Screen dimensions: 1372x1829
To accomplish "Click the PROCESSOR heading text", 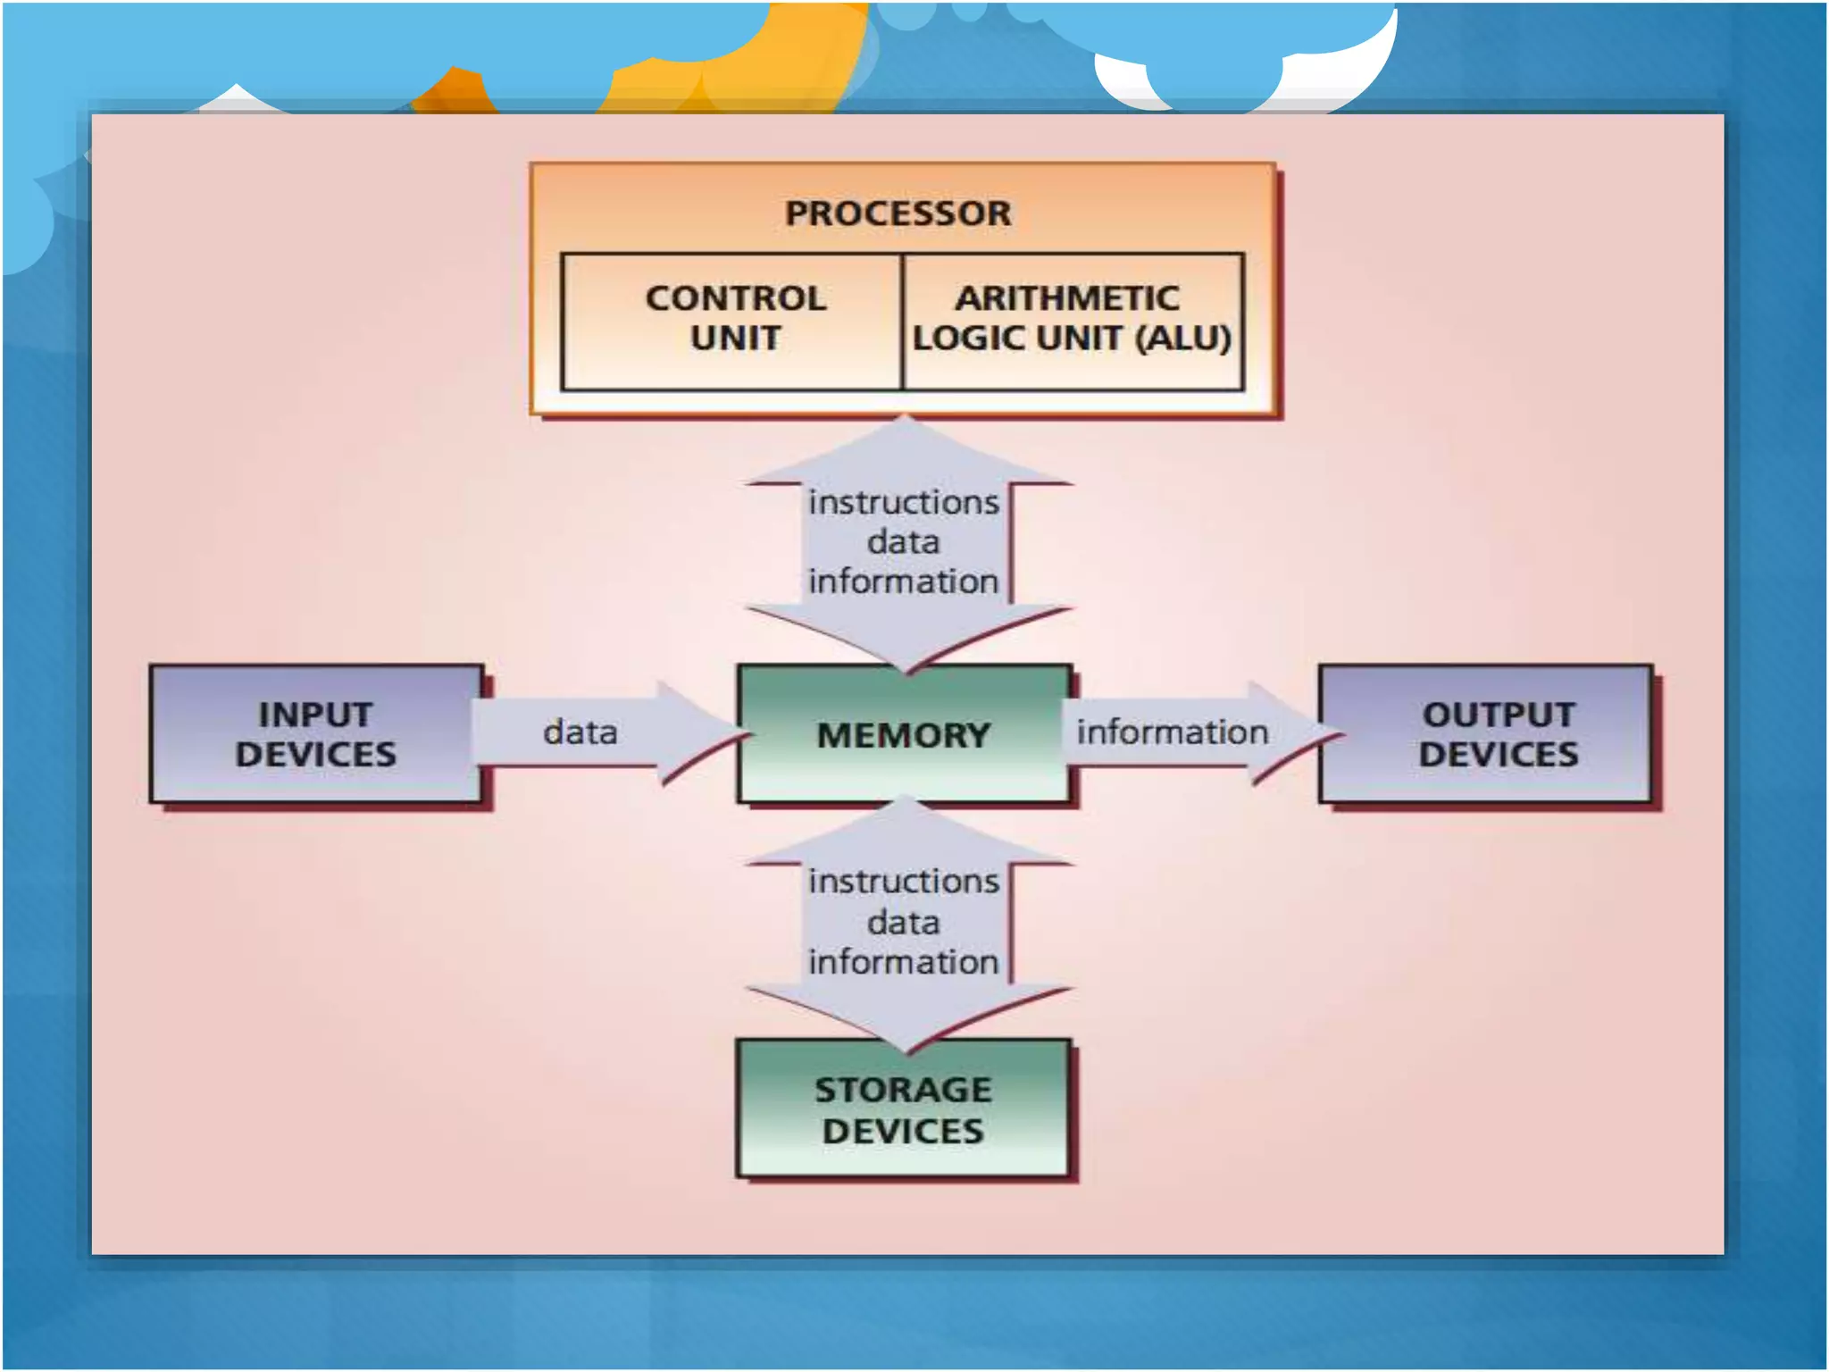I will click(898, 213).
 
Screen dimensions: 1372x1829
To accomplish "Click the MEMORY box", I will click(903, 735).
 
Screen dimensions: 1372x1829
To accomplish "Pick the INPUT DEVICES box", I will click(315, 734).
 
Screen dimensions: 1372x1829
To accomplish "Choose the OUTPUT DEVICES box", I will click(1498, 734).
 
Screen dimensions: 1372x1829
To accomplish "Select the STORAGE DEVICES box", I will click(903, 1109).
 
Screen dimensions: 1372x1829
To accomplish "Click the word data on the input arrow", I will click(580, 732).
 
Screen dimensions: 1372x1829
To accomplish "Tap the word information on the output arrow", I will click(1172, 732).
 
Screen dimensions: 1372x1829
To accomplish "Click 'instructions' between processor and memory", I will click(904, 503).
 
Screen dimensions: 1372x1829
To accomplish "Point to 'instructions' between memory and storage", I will click(904, 882).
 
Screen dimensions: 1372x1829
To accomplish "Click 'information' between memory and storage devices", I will click(904, 962).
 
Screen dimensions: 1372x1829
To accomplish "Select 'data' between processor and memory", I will click(904, 542).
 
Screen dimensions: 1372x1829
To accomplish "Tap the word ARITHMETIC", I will click(1067, 298).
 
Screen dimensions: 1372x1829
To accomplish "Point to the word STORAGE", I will click(903, 1090).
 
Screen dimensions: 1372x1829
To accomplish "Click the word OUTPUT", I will click(1498, 715).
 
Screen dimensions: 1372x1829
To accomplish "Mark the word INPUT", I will click(315, 715).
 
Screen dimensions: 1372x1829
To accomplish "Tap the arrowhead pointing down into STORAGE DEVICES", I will click(906, 1018).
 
